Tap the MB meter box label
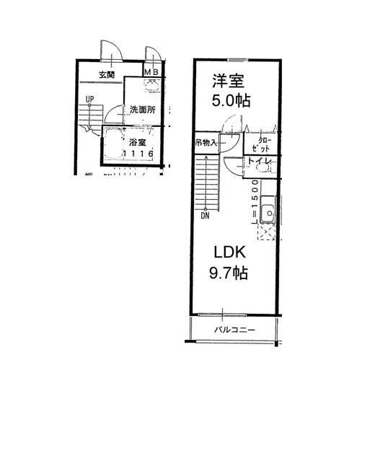(152, 72)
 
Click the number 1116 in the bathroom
(138, 154)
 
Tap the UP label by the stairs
(89, 100)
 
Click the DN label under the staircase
(205, 215)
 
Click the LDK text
(230, 253)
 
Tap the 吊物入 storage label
(207, 143)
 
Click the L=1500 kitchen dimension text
(255, 199)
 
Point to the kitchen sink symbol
(268, 214)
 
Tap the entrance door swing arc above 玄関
(111, 51)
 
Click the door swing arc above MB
(153, 55)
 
